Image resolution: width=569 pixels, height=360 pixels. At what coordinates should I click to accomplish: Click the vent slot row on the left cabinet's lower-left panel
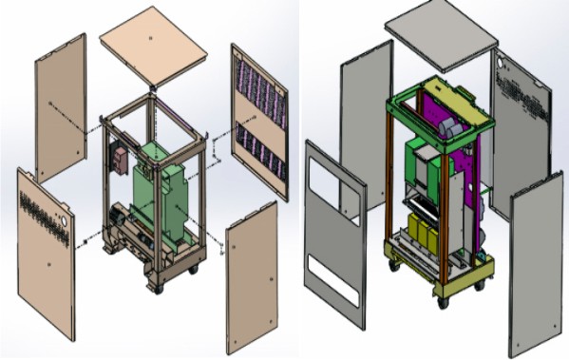[x=41, y=201]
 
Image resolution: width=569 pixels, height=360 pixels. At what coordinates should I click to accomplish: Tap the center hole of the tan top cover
[x=153, y=37]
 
